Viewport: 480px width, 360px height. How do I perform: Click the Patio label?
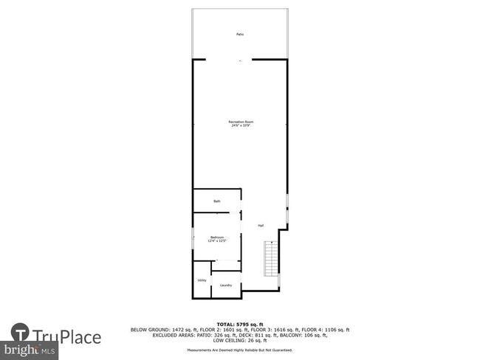point(240,34)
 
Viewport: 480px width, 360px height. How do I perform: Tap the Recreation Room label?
point(245,121)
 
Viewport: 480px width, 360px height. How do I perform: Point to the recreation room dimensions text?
point(245,125)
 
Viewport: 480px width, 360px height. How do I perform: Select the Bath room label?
point(217,201)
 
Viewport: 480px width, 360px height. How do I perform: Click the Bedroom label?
point(217,237)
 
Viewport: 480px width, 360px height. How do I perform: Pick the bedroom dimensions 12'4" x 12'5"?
point(217,241)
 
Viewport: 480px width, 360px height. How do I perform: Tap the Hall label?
point(261,225)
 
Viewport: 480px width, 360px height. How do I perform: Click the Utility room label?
point(202,280)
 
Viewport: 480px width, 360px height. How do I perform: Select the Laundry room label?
point(226,285)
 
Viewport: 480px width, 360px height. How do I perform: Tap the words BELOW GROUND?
point(148,330)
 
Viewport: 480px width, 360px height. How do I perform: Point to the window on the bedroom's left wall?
point(193,238)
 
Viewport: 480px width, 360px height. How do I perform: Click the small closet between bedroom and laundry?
point(226,266)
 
